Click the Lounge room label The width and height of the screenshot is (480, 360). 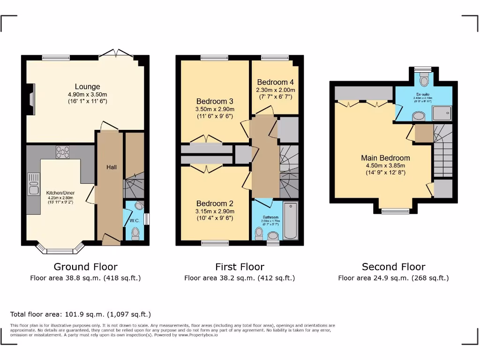tap(87, 87)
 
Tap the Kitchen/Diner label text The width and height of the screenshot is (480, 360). tap(60, 193)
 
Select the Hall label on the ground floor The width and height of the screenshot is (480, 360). tap(111, 167)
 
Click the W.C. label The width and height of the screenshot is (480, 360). tap(135, 220)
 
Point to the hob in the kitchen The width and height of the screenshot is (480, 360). tap(62, 152)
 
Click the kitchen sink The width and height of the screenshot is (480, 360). tap(33, 184)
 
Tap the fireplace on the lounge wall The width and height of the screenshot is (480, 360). tap(31, 99)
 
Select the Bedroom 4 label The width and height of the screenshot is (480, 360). tap(275, 82)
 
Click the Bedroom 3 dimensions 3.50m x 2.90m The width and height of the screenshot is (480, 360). tap(215, 109)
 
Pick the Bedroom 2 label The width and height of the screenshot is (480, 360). tap(215, 203)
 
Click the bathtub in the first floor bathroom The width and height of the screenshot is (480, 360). tap(290, 220)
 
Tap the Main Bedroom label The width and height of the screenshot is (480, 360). tap(385, 158)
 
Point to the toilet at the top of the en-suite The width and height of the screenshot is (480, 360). tap(424, 81)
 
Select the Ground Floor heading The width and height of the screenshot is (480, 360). tap(85, 267)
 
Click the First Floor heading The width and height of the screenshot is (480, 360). tap(240, 267)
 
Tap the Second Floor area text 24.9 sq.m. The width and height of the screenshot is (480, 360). tap(393, 278)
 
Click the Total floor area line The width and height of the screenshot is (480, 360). tap(81, 314)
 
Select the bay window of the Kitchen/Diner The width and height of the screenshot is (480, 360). tap(60, 250)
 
